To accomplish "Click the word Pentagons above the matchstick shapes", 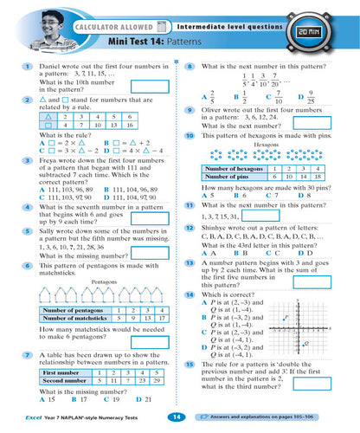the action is tap(104, 283).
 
